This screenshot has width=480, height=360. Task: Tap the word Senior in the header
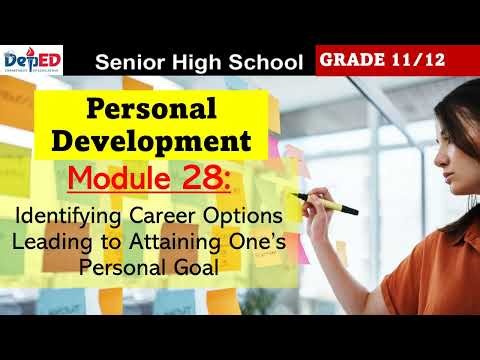126,63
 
